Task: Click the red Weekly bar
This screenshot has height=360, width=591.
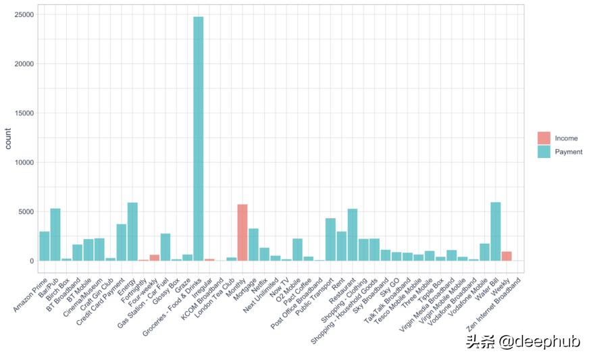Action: pyautogui.click(x=507, y=256)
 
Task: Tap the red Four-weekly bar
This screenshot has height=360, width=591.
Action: pyautogui.click(x=155, y=257)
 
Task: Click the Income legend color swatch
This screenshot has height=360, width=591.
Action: pyautogui.click(x=544, y=138)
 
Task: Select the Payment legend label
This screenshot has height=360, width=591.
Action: pyautogui.click(x=568, y=152)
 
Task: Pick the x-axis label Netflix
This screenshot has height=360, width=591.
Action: pyautogui.click(x=260, y=284)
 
